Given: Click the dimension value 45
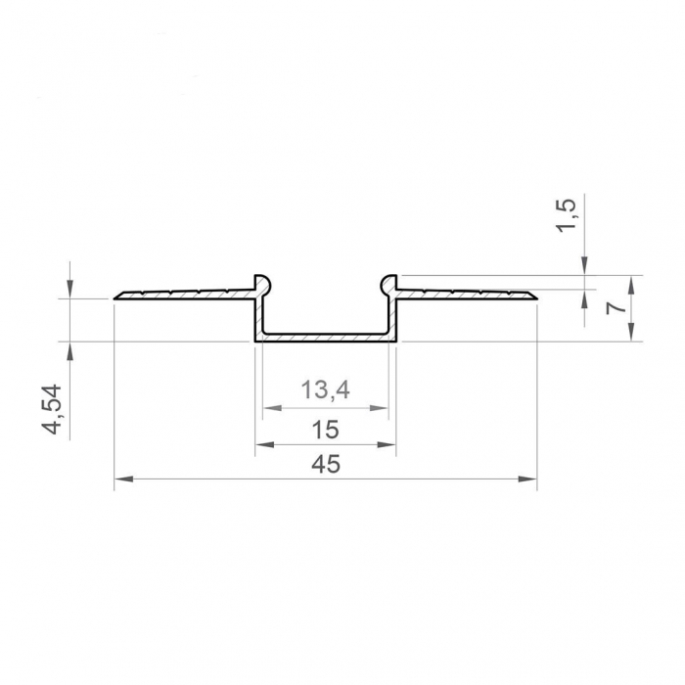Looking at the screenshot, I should pyautogui.click(x=326, y=465).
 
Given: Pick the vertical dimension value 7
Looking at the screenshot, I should pyautogui.click(x=615, y=307).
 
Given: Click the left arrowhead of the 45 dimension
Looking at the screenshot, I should pyautogui.click(x=121, y=479).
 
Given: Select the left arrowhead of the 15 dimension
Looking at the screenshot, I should pyautogui.click(x=262, y=445).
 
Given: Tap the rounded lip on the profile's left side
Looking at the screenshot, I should pyautogui.click(x=261, y=283).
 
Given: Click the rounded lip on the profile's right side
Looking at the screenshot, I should pyautogui.click(x=389, y=283).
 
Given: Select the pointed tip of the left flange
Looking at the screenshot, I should pyautogui.click(x=115, y=297).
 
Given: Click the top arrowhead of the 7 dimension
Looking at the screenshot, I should pyautogui.click(x=631, y=282).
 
